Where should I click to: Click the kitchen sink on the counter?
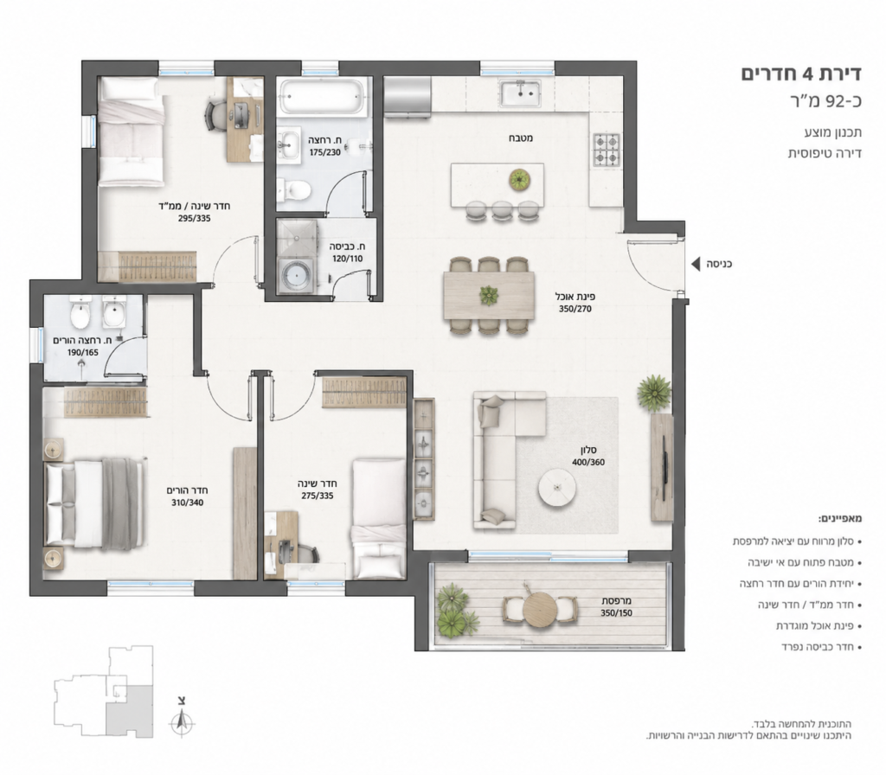pos(520,93)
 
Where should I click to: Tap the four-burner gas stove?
pos(607,150)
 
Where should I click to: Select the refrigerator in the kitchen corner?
pos(408,97)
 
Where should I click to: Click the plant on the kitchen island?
pos(520,180)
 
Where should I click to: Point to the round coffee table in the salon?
pos(557,488)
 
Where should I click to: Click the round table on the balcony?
pos(541,610)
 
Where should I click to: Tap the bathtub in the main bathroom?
pos(324,98)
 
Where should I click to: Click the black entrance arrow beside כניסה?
pos(696,263)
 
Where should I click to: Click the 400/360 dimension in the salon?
pos(587,462)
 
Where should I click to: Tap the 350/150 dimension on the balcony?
pos(616,613)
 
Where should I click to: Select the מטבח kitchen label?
pos(520,138)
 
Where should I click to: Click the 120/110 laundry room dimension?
pos(347,259)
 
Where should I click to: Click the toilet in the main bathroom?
pos(294,189)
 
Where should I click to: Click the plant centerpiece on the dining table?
pos(488,296)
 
